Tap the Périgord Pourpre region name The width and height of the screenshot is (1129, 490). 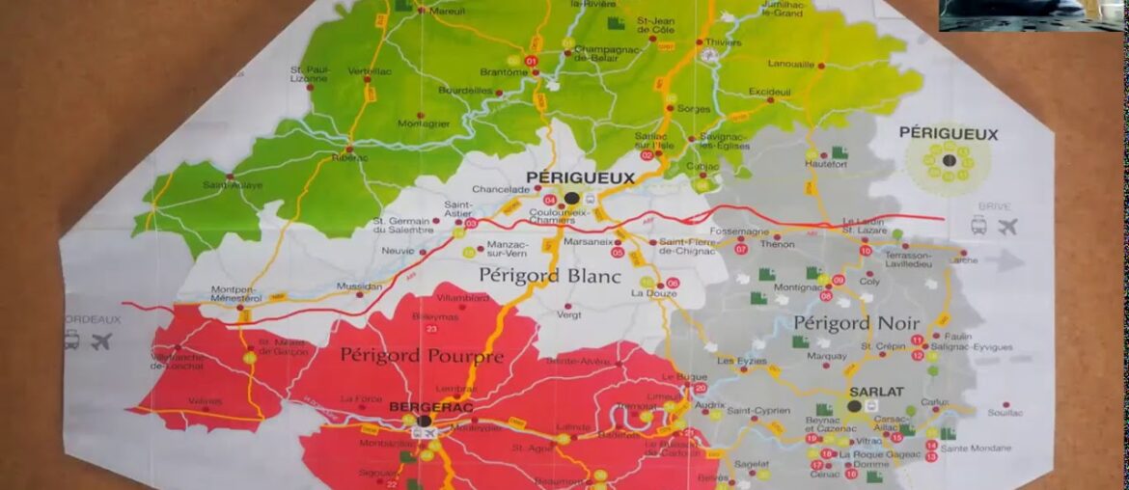point(422,357)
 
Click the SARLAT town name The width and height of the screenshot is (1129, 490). point(876,392)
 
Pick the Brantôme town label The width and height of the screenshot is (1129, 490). point(504,71)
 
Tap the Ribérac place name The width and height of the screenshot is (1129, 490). point(349,157)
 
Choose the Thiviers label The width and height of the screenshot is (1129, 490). point(724,42)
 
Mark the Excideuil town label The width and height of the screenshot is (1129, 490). point(769,92)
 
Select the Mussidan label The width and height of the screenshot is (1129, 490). point(359,286)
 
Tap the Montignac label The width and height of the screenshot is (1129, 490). point(797,287)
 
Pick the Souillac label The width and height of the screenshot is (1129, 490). point(1005,413)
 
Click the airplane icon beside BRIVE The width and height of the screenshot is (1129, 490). point(1008,227)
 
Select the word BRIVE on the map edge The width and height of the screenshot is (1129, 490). point(994,206)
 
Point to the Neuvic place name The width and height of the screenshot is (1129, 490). point(398,251)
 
